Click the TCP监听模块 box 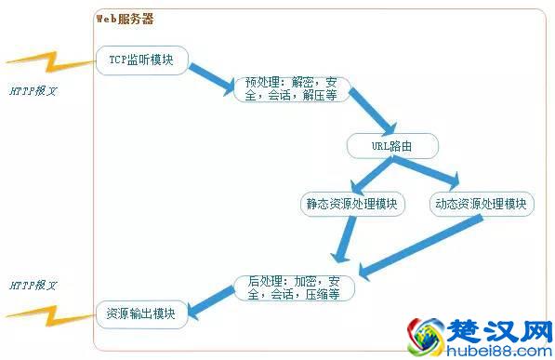[x=142, y=60]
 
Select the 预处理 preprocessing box [x=290, y=88]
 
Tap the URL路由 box [x=392, y=146]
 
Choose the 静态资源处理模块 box [x=351, y=204]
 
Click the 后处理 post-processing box [x=293, y=287]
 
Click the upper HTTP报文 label [x=34, y=93]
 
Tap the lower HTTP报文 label [x=34, y=284]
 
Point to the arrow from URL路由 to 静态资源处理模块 [x=368, y=175]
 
